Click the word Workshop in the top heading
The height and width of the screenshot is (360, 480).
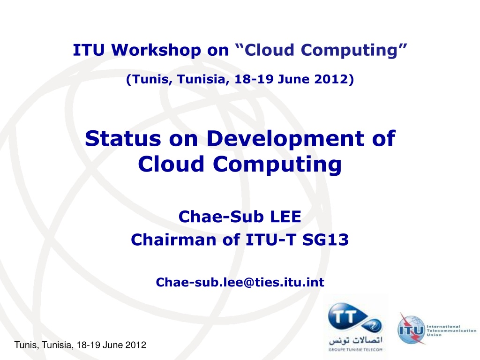(156, 51)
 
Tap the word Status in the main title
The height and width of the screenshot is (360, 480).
(123, 139)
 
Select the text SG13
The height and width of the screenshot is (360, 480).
(325, 240)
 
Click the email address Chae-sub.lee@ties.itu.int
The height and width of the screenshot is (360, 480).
(240, 282)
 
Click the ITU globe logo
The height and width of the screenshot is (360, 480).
(411, 330)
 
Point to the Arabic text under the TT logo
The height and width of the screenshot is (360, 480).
(356, 340)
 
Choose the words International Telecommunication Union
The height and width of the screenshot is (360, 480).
(451, 330)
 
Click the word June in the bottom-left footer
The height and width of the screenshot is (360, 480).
(112, 345)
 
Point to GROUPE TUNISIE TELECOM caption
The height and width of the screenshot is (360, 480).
(355, 350)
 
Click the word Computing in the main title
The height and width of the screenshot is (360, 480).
(277, 165)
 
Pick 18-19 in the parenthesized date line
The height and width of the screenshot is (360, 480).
(254, 79)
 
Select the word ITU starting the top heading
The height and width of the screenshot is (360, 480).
(89, 51)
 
